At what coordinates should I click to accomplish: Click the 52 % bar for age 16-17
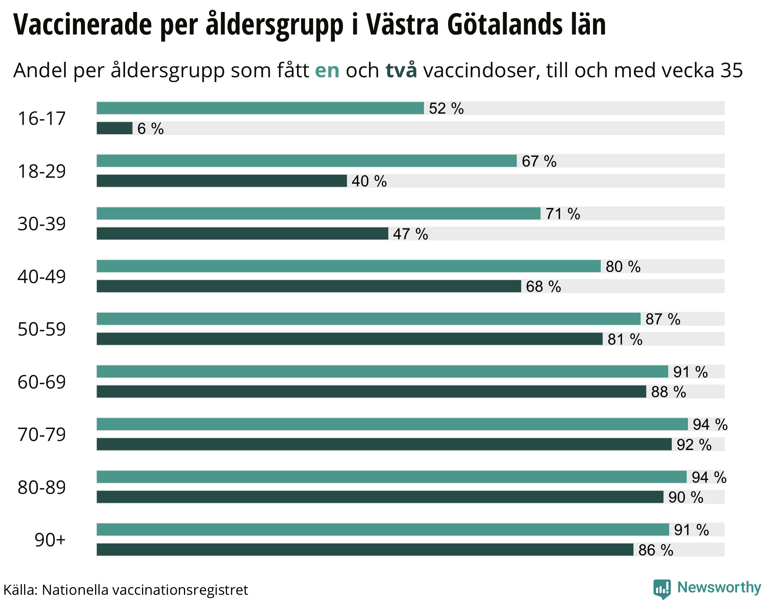pyautogui.click(x=260, y=108)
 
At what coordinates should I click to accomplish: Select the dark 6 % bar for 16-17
pyautogui.click(x=115, y=128)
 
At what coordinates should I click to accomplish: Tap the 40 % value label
pyautogui.click(x=369, y=181)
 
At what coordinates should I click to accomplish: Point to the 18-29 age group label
pyautogui.click(x=42, y=171)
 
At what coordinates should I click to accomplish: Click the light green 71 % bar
pyautogui.click(x=318, y=213)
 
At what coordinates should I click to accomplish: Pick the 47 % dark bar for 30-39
pyautogui.click(x=242, y=234)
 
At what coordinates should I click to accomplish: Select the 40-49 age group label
pyautogui.click(x=42, y=277)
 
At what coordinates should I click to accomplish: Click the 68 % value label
pyautogui.click(x=543, y=287)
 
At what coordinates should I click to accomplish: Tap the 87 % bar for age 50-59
pyautogui.click(x=368, y=319)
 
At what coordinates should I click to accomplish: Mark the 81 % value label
pyautogui.click(x=625, y=340)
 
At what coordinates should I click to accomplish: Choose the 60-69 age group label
pyautogui.click(x=42, y=382)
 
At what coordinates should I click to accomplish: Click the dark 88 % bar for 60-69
pyautogui.click(x=371, y=391)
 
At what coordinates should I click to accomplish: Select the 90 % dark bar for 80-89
pyautogui.click(x=380, y=497)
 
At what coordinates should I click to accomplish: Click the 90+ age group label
pyautogui.click(x=50, y=540)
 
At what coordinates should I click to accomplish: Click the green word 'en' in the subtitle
pyautogui.click(x=327, y=70)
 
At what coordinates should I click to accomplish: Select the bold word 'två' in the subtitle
pyautogui.click(x=401, y=70)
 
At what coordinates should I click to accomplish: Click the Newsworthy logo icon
pyautogui.click(x=662, y=589)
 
